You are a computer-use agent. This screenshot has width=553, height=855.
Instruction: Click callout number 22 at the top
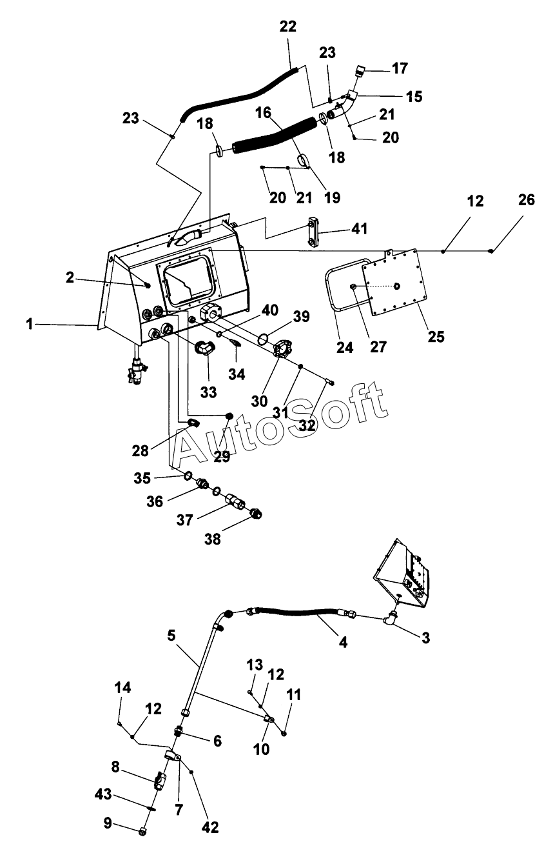point(287,26)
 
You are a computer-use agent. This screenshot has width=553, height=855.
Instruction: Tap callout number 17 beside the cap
point(400,68)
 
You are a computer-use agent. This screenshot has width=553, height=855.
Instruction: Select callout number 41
point(360,228)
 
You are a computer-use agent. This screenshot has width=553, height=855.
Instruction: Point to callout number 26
point(527,199)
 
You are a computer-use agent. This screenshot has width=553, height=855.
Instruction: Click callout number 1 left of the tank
point(30,324)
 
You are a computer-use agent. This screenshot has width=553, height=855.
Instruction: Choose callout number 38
point(212,539)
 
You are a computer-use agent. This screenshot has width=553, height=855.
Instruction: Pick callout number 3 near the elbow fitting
point(426,638)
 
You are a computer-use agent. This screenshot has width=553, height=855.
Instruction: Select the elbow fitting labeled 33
point(206,348)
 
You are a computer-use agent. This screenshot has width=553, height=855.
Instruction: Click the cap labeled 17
point(360,70)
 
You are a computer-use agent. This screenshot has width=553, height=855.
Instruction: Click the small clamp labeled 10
point(269,719)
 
